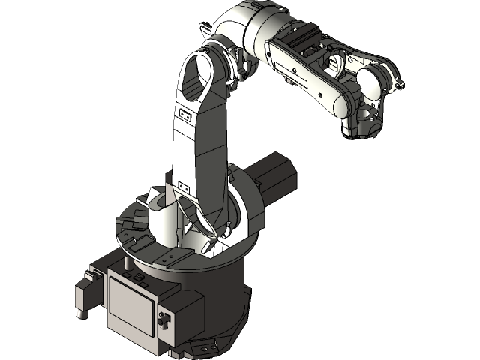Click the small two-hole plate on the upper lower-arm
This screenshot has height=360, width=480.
point(184,115)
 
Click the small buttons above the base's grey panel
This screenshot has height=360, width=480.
point(139,277)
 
